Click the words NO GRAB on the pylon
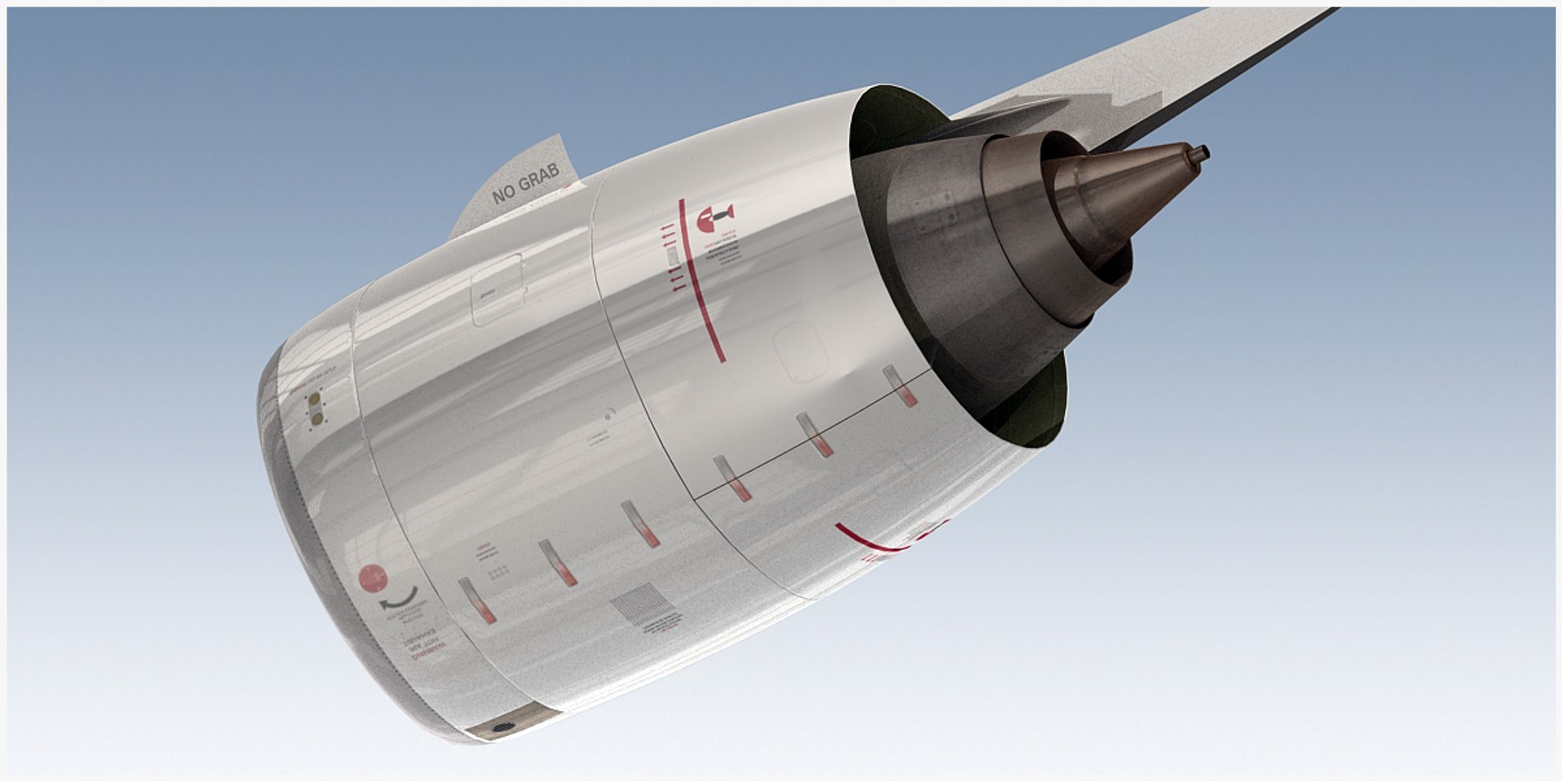pos(526,183)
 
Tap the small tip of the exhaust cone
pos(1201,152)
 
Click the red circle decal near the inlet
pos(373,578)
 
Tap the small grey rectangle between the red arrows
pos(672,257)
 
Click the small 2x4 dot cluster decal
pos(499,572)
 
